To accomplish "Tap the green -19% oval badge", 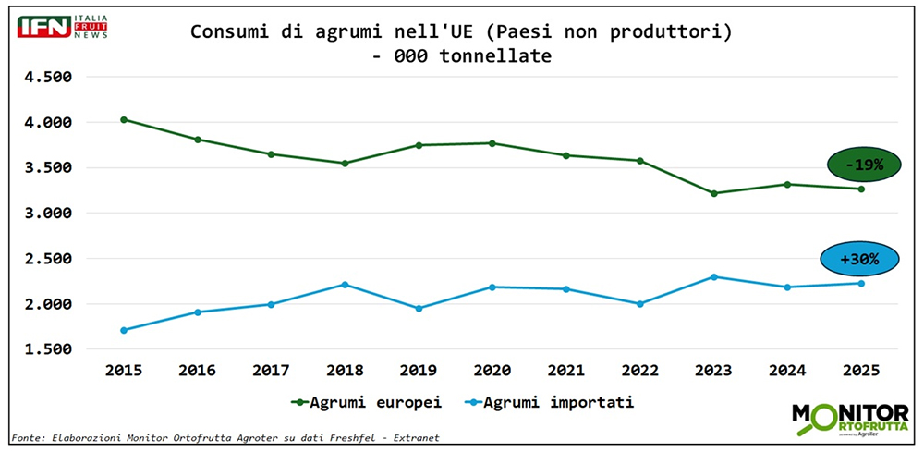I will point(862,165).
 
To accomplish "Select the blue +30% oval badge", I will point(858,260).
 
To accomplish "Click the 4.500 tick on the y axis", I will point(46,77).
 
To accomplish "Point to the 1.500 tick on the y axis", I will point(46,349).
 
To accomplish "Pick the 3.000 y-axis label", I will point(46,214).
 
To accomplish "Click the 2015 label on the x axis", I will point(124,369).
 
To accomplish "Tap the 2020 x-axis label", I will point(492,369).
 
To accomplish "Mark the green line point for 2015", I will point(124,119).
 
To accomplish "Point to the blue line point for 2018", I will point(346,285).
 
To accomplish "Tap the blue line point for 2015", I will point(124,330).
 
